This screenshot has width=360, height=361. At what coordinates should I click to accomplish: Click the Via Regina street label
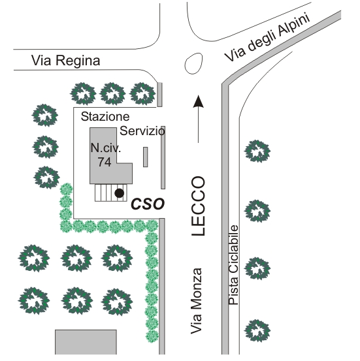coord(66,61)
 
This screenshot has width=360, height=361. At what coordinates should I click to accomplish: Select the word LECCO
coord(198,206)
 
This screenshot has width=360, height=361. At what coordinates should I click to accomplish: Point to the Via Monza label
coord(197,301)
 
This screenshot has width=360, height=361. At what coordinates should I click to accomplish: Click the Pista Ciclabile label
coord(233,265)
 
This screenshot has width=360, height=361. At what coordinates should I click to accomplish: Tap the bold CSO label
coord(148,204)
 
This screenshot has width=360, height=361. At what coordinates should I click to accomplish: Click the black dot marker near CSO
coord(119,193)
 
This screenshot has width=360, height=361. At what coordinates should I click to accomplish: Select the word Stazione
coord(105,116)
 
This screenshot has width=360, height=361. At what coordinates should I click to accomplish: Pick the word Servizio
coord(142,131)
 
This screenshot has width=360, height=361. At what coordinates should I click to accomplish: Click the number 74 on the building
coord(105,162)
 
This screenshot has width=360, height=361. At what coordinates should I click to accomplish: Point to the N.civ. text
coord(106,148)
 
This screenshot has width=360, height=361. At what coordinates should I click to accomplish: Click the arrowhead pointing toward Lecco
coord(198,101)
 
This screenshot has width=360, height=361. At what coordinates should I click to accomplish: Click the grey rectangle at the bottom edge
coord(86,342)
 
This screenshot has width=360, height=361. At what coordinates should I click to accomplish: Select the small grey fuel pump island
coord(146,157)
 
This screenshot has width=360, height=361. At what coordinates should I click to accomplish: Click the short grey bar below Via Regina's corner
coord(159,95)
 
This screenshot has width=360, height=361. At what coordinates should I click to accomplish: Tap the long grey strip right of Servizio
coord(163,157)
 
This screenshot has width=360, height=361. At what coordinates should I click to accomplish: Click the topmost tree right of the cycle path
coord(257,151)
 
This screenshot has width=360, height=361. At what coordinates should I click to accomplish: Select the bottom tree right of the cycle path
coord(257,330)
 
